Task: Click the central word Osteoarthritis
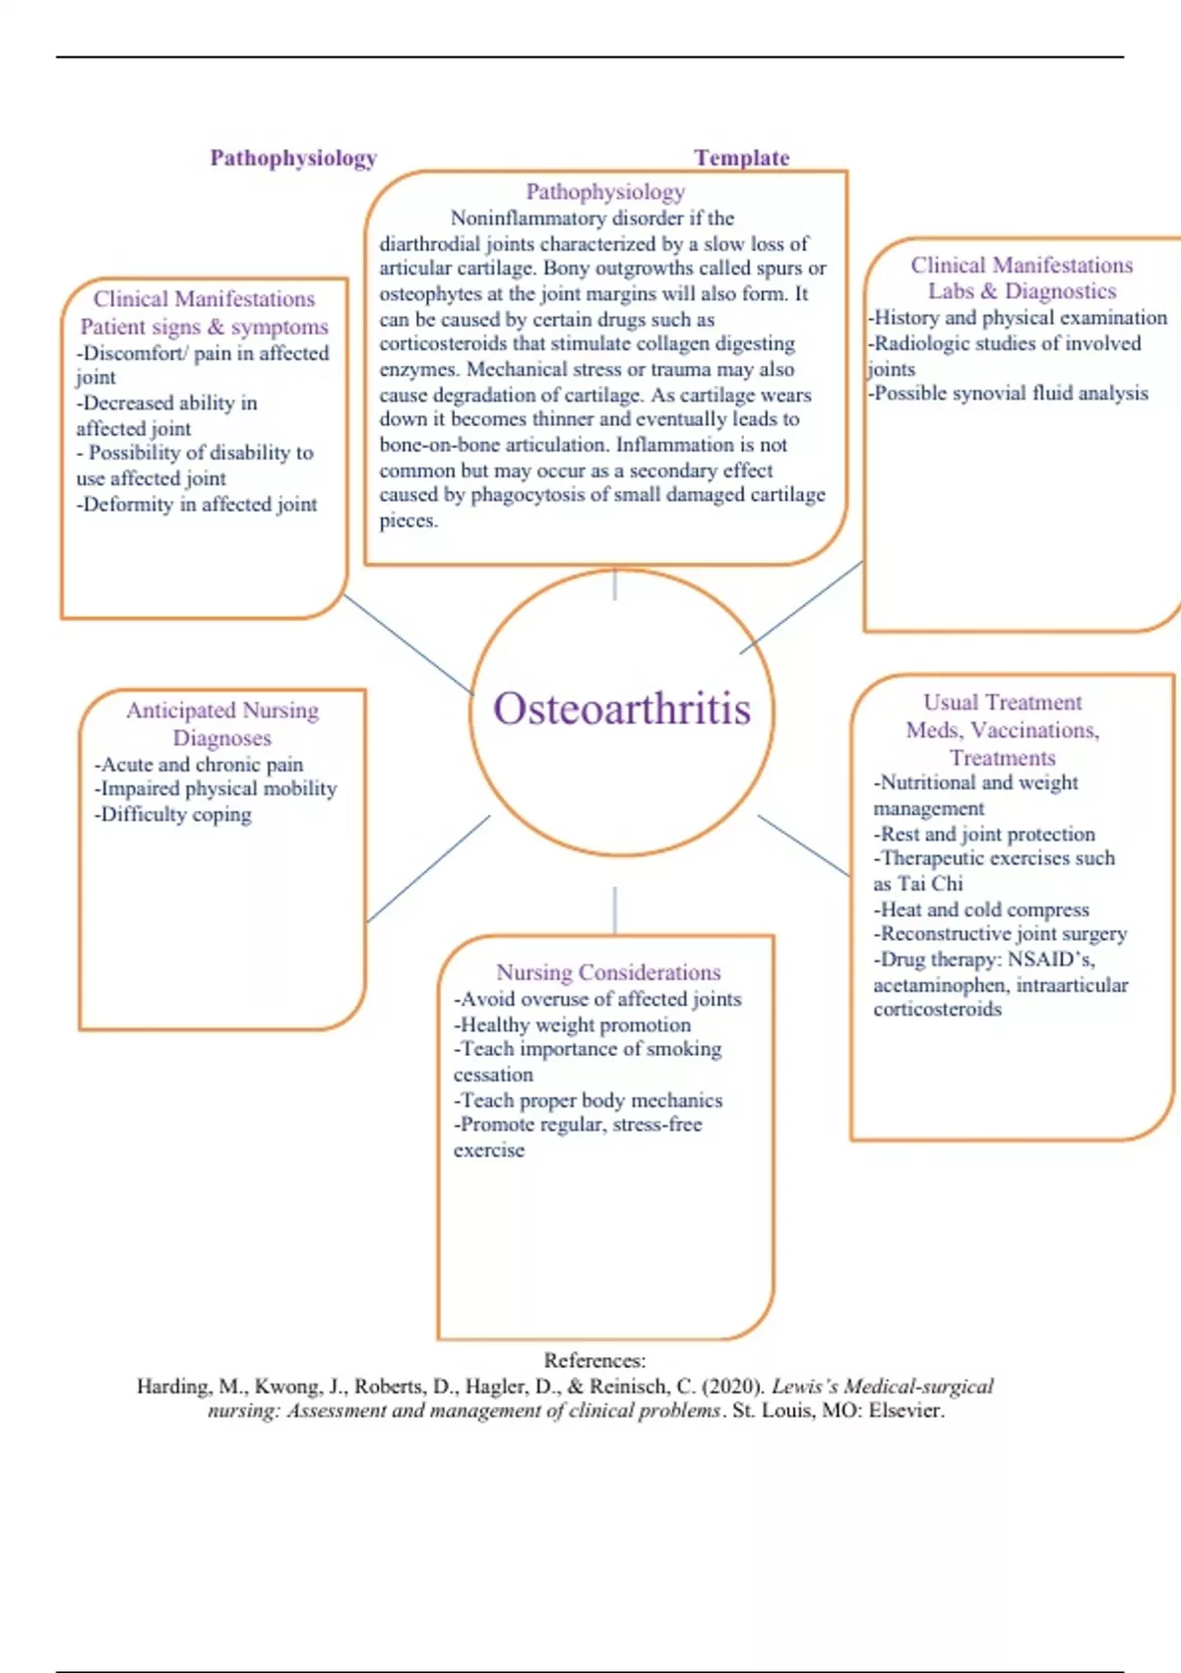tap(622, 710)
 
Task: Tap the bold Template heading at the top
tap(741, 157)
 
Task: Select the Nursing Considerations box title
tap(608, 972)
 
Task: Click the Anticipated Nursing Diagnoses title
tap(222, 723)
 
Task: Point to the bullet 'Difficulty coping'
tap(175, 815)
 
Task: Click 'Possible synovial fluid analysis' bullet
tap(1010, 394)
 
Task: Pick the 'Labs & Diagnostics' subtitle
tap(1022, 291)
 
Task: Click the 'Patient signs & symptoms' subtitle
tap(204, 327)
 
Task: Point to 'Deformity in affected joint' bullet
tap(199, 505)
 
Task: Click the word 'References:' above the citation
tap(594, 1360)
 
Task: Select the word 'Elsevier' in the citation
tap(904, 1410)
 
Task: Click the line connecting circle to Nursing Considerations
tap(615, 909)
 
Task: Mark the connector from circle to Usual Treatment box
tap(803, 844)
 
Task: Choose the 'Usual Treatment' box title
tap(1002, 703)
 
